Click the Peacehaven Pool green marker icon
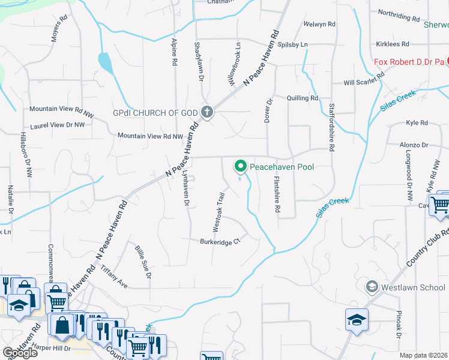pos(241,166)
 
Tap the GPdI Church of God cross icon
pos(206,112)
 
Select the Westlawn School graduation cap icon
pos(372,287)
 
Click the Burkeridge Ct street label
pos(220,241)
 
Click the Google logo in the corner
pos(20,353)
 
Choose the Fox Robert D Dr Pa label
pos(408,62)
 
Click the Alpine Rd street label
pos(174,50)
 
